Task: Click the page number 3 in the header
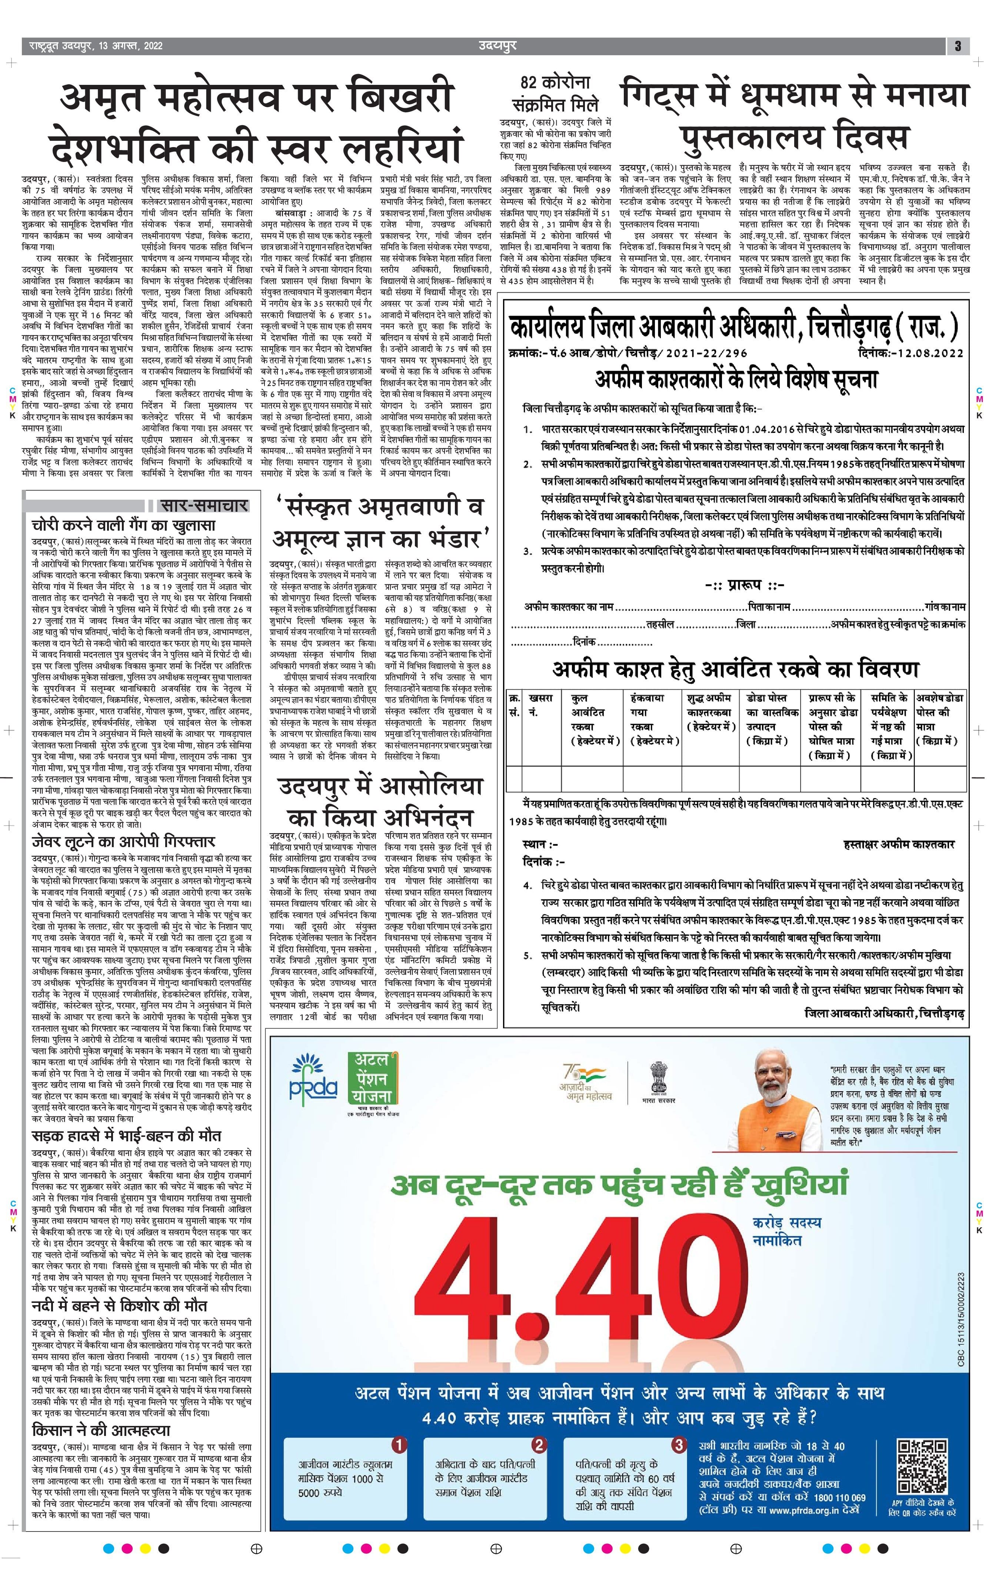pos(957,46)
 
